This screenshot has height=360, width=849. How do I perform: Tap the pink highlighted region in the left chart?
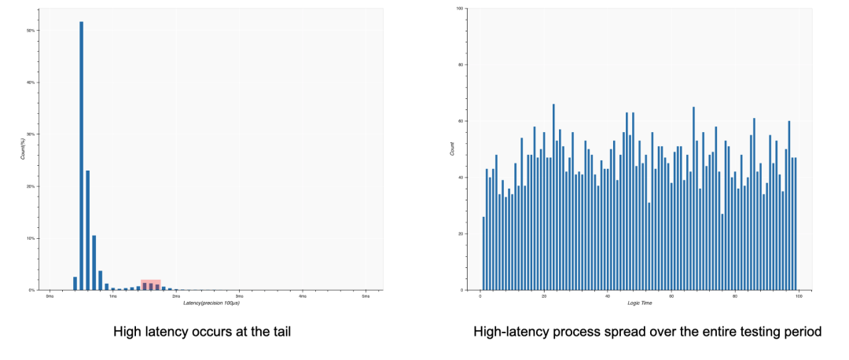(x=151, y=285)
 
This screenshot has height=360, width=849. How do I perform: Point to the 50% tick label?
(x=31, y=31)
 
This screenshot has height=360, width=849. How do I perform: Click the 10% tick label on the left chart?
(x=31, y=238)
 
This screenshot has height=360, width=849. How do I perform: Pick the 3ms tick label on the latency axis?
(x=239, y=296)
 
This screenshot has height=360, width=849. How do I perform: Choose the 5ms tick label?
(x=366, y=296)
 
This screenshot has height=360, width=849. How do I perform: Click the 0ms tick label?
(x=50, y=296)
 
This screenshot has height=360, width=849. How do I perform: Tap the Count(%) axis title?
(x=23, y=149)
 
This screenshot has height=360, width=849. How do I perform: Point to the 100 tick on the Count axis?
(x=459, y=9)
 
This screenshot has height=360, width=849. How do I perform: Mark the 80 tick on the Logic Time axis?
(x=734, y=296)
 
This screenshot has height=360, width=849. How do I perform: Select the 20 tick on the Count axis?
(x=461, y=233)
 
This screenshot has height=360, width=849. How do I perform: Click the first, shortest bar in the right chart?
(x=483, y=253)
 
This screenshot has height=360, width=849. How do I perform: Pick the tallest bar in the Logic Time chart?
(x=553, y=197)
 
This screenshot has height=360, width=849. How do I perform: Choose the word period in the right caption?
(x=803, y=332)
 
